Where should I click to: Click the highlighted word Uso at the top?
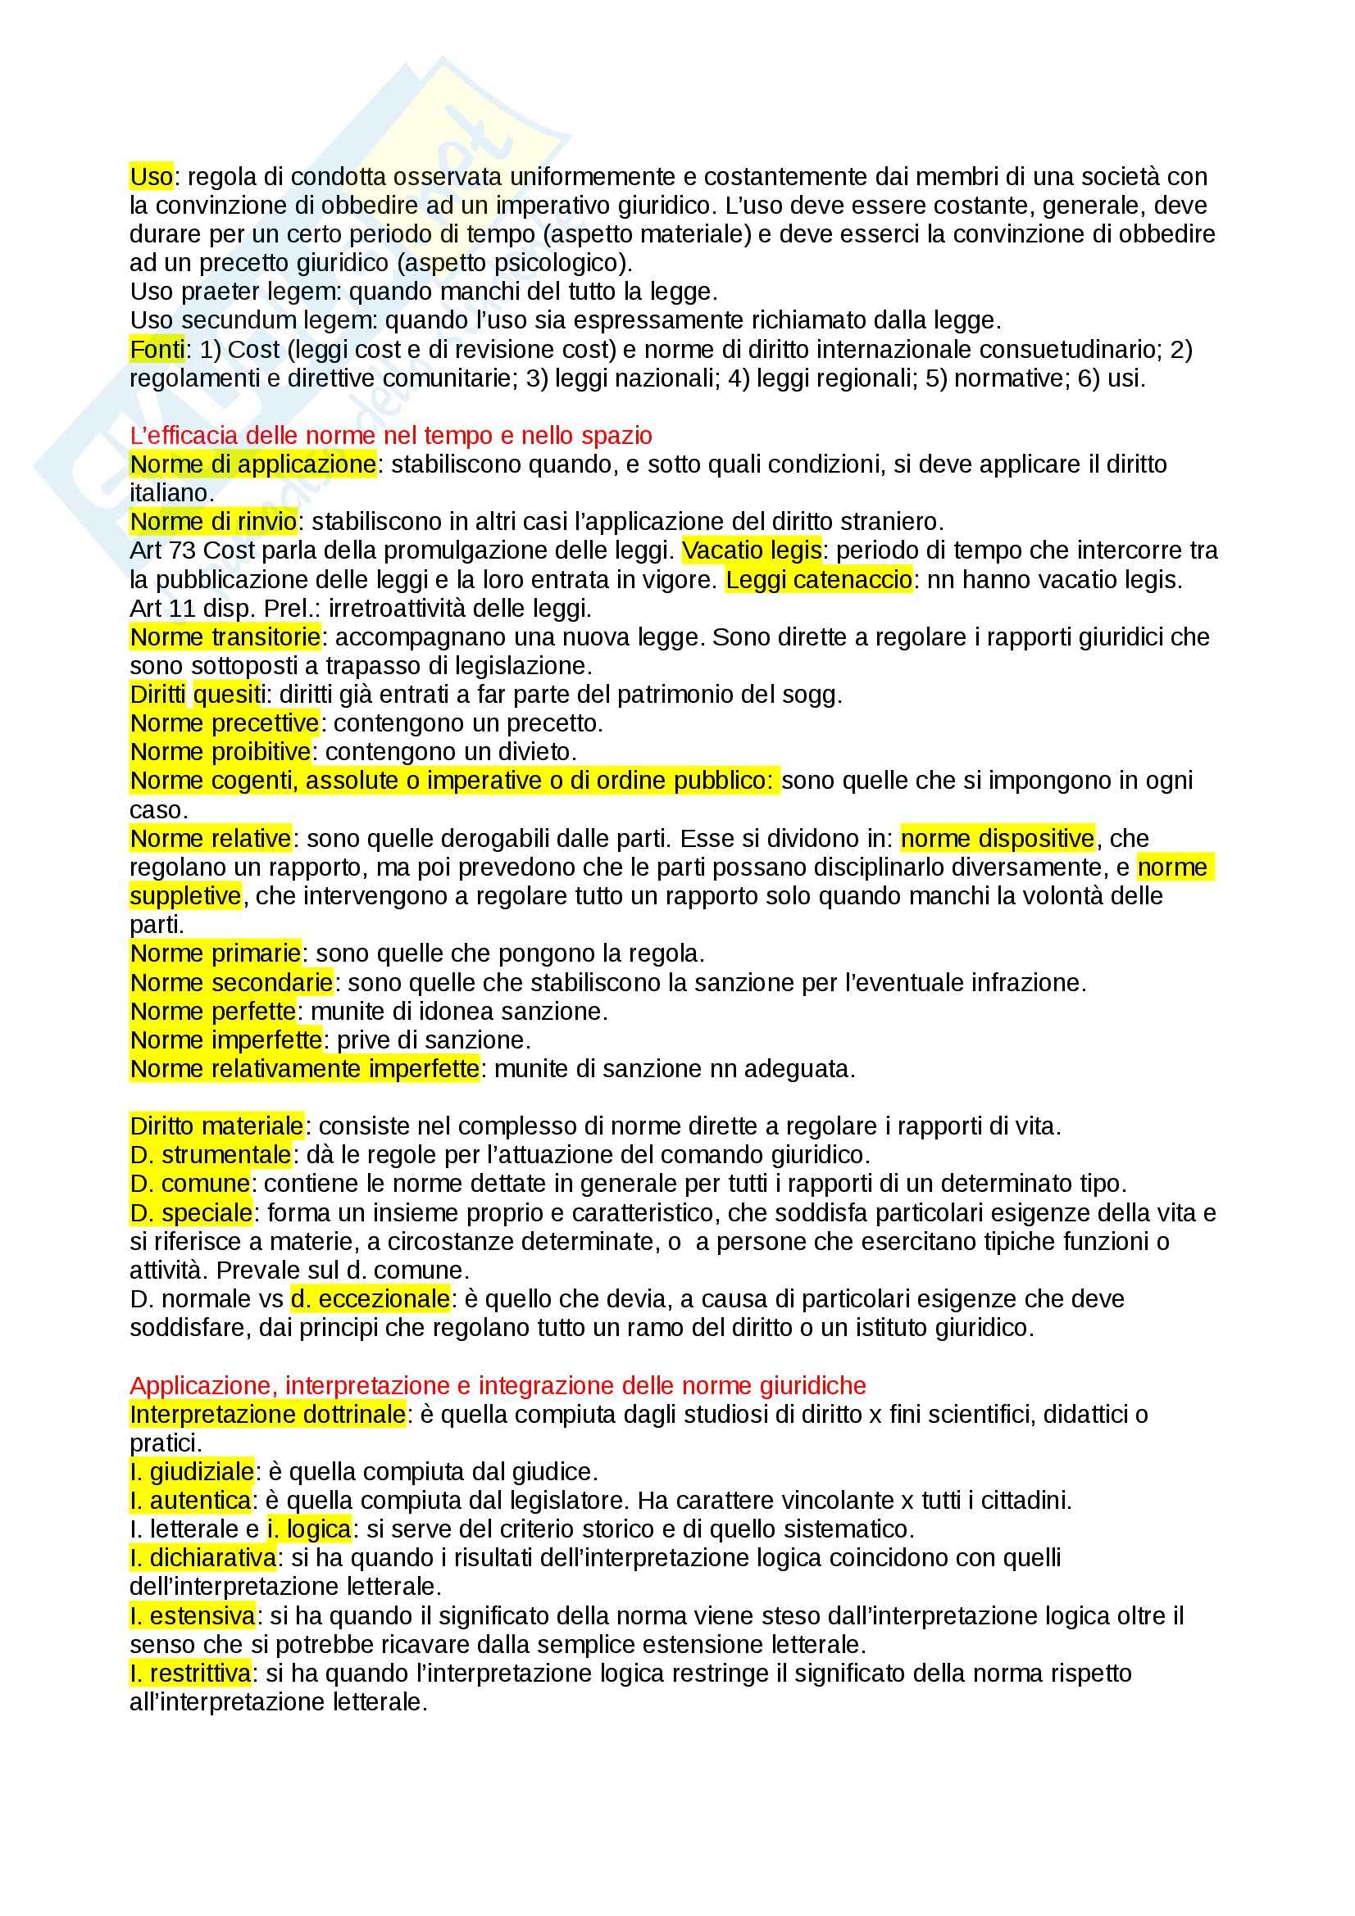tap(151, 177)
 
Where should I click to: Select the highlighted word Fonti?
tap(157, 350)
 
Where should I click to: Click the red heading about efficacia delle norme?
tap(391, 436)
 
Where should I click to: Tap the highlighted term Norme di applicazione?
tap(253, 464)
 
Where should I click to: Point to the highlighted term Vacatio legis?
tap(752, 550)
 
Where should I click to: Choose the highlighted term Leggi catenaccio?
tap(818, 580)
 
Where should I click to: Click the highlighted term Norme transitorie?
tap(225, 637)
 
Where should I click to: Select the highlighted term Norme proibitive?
tap(221, 753)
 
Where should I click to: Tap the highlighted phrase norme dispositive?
tap(997, 839)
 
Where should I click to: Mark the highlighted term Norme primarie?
tap(216, 953)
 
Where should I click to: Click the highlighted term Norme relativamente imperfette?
tap(305, 1069)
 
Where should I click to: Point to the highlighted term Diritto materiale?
tap(216, 1126)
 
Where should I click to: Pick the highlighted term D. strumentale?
tap(211, 1156)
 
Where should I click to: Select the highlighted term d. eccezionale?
tap(370, 1299)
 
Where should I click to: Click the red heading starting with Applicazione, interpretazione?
tap(498, 1386)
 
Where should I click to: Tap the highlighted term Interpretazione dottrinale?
tap(267, 1415)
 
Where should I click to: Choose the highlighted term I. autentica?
tap(190, 1502)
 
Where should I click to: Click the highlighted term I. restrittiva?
tap(190, 1674)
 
